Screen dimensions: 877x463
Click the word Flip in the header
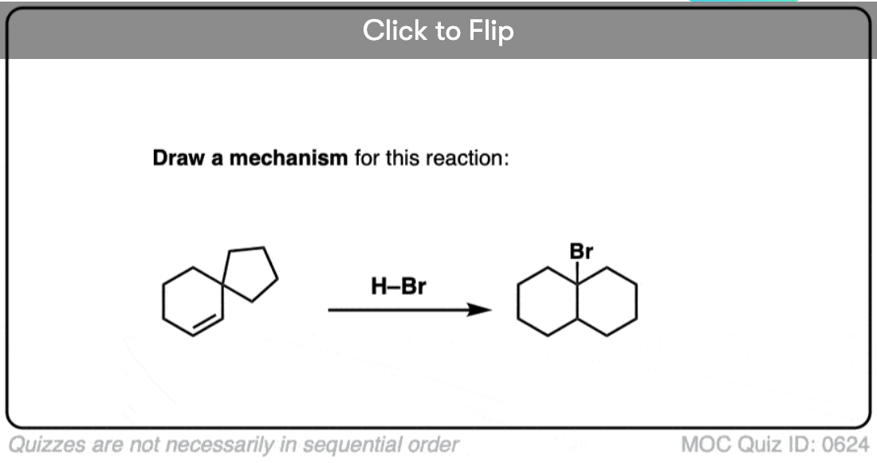(491, 30)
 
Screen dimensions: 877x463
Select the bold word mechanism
(289, 159)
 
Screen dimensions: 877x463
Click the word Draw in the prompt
(179, 159)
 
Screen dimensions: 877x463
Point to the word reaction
(467, 159)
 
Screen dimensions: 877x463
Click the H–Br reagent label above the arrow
(398, 286)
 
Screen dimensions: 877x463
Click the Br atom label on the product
(581, 252)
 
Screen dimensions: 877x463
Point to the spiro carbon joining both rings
(222, 284)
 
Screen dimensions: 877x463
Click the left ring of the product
(518, 302)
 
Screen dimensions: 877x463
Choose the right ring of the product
(636, 302)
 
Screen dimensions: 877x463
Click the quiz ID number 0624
(845, 445)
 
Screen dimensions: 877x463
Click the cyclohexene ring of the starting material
(163, 302)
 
